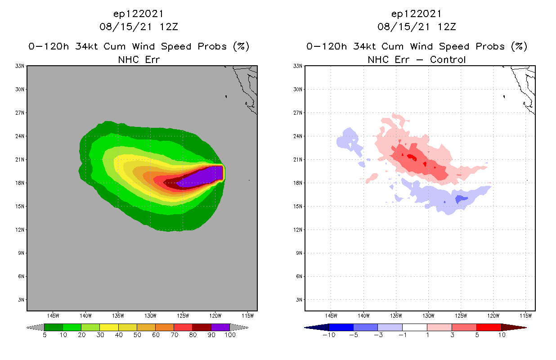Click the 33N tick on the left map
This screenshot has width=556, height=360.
(x=20, y=66)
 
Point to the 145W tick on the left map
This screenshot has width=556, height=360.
(x=53, y=315)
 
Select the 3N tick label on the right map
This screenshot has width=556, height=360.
(x=298, y=300)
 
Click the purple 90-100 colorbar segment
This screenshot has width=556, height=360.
(x=220, y=327)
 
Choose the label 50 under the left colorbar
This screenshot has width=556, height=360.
(x=137, y=335)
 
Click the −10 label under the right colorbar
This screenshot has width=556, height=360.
(x=329, y=335)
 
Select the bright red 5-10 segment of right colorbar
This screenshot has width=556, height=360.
(x=488, y=327)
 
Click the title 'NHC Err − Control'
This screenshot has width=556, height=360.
(x=417, y=59)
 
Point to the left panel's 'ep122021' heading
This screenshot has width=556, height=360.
(x=139, y=14)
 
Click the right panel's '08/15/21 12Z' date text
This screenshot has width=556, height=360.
(x=417, y=27)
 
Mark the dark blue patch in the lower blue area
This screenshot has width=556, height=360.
(x=462, y=198)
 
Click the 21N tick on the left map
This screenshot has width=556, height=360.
(x=20, y=160)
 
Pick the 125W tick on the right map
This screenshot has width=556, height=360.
(x=461, y=315)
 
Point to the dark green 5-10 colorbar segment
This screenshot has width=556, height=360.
(x=54, y=327)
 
